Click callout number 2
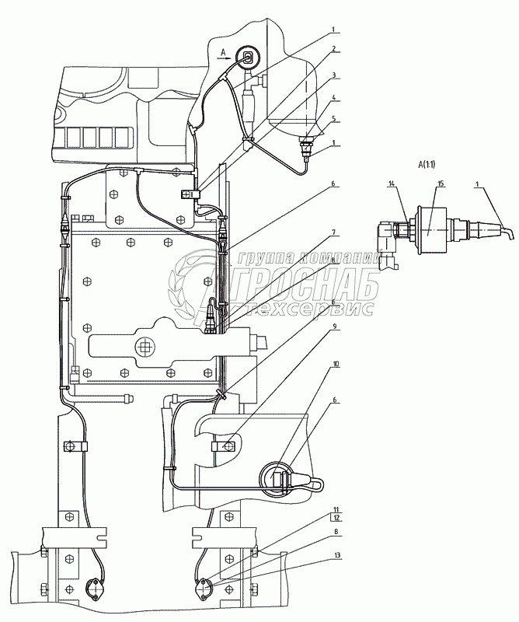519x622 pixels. coord(333,48)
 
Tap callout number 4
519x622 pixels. coord(333,100)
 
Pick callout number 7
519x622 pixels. coord(333,232)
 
